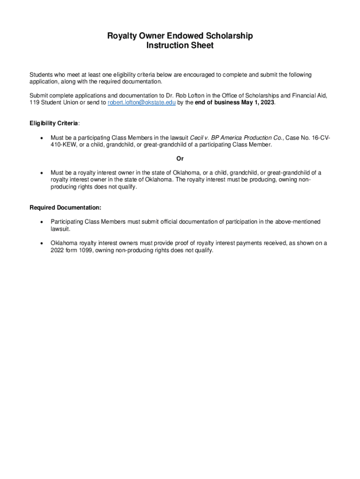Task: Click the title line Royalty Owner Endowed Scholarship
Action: [180, 36]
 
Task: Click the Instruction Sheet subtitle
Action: [180, 45]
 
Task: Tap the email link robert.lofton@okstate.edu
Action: [142, 103]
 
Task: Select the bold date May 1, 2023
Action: [258, 103]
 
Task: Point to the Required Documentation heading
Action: [65, 208]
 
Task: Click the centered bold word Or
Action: [180, 159]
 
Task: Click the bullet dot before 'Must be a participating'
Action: [42, 138]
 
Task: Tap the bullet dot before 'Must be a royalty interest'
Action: [42, 173]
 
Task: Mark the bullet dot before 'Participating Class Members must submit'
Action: [42, 222]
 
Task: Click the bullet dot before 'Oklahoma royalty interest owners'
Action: [42, 244]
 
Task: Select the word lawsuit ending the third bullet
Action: [60, 229]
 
